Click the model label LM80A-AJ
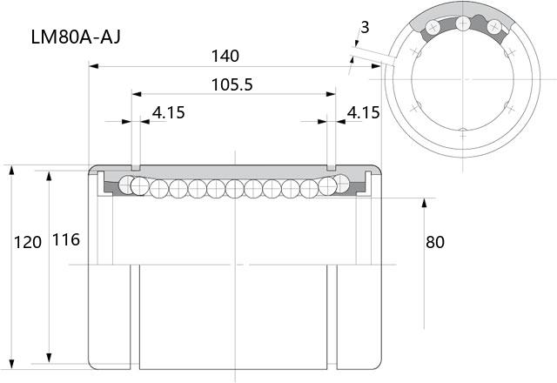pos(76,37)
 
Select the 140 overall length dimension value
pos(225,56)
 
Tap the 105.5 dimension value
pos(232,85)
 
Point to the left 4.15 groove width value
pos(169,112)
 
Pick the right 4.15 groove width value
pos(364,112)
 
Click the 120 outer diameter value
pos(28,242)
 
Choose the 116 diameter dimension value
pos(66,240)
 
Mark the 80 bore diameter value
pos(435,242)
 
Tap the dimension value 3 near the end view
pos(365,27)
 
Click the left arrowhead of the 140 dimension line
pos(93,66)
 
